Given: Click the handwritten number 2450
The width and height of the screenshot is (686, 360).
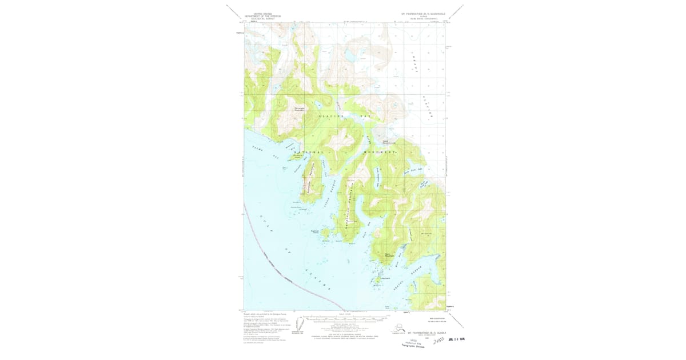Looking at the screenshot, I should click(x=438, y=341).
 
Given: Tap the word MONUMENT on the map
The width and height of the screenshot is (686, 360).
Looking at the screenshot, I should click(x=380, y=153).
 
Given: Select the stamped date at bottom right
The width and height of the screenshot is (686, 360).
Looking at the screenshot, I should click(x=457, y=338).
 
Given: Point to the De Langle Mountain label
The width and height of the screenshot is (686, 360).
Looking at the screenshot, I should click(x=301, y=109).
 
